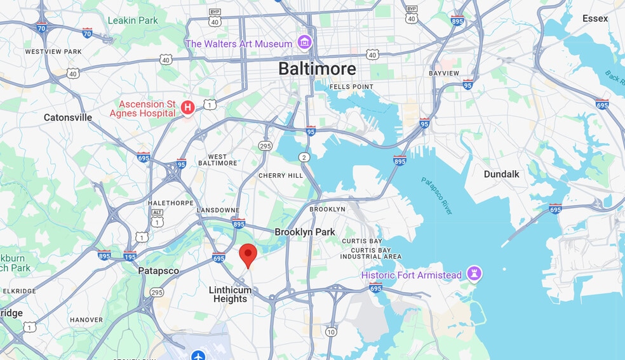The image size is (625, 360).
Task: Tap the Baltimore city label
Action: [x=317, y=69]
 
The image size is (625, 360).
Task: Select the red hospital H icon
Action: [x=187, y=108]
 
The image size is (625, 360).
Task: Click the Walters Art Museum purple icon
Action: [x=305, y=43]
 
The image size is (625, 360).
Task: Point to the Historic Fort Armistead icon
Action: [x=474, y=274]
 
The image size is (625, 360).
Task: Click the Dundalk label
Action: [x=501, y=174]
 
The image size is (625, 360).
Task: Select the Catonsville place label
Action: [x=68, y=117]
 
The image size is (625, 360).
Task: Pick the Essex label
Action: [x=595, y=18]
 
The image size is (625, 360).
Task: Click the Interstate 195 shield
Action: [x=130, y=257]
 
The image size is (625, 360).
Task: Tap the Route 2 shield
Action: [x=304, y=157]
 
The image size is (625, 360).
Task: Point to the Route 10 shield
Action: [x=331, y=331]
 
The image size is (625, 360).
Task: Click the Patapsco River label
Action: [x=437, y=196]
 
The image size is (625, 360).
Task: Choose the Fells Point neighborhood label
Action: [x=350, y=87]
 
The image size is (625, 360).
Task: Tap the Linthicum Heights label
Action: [x=230, y=295]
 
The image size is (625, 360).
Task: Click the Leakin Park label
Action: [x=133, y=20]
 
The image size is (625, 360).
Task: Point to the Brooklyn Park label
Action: [x=305, y=232]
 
